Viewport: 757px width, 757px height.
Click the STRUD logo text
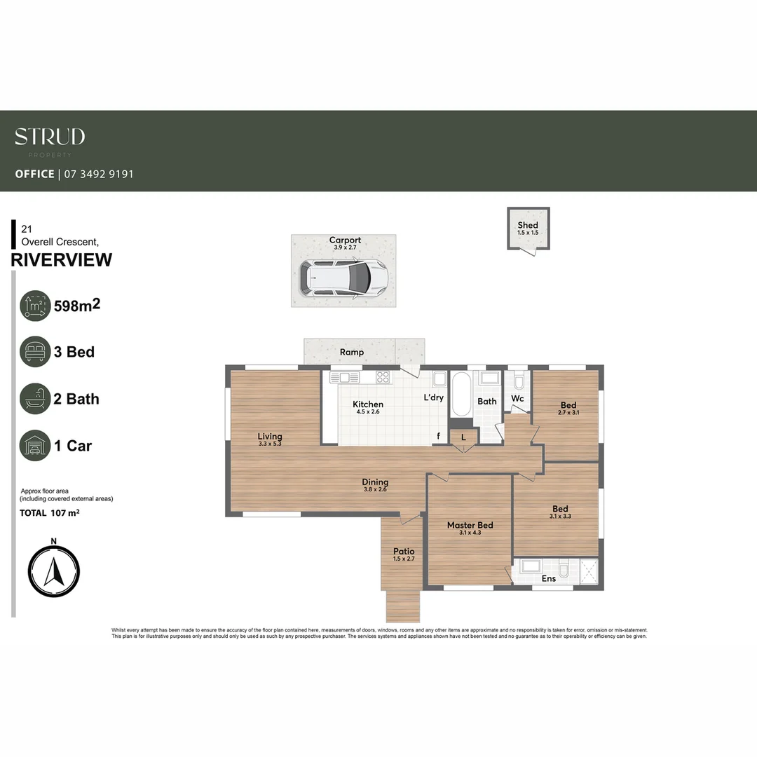tap(50, 137)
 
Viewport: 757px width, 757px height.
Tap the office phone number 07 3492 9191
tap(99, 174)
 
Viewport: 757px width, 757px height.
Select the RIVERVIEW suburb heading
tap(62, 260)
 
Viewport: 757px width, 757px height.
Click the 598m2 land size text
tap(77, 306)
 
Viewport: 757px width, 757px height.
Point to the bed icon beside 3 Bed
tap(35, 352)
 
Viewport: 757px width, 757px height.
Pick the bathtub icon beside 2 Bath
tap(35, 399)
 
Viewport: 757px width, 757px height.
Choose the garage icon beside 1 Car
tap(35, 446)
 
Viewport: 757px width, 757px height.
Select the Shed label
tap(528, 225)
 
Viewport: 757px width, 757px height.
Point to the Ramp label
tap(351, 352)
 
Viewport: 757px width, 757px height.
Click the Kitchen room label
tap(368, 404)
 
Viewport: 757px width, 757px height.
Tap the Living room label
tap(270, 437)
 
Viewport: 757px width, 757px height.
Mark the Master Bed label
tap(470, 525)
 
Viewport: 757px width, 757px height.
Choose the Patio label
tap(404, 551)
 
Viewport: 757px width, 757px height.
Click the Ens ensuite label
tap(548, 579)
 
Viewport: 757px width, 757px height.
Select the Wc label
tap(517, 399)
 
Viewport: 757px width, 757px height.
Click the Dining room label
tap(375, 482)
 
